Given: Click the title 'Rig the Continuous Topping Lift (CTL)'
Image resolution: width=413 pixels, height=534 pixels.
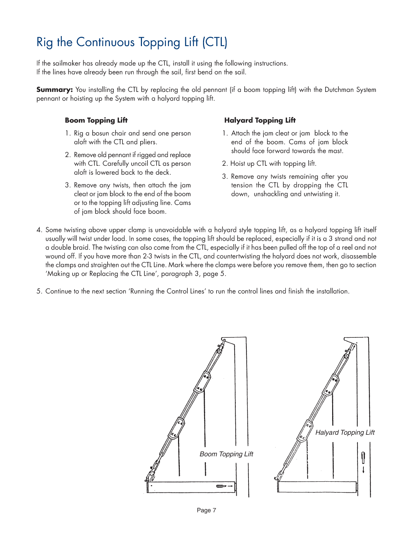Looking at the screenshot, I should (132, 42).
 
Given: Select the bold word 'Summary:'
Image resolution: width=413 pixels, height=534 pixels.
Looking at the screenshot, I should (54, 90).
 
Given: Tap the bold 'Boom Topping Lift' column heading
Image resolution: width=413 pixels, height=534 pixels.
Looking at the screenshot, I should (96, 120).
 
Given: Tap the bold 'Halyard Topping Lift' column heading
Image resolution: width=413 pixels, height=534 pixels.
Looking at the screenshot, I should (260, 120).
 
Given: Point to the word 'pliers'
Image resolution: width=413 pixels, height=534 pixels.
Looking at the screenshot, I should (147, 142).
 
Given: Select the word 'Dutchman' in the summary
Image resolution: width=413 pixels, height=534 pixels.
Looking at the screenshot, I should (339, 90).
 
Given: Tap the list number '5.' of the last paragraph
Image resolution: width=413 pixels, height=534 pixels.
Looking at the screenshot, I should (39, 291).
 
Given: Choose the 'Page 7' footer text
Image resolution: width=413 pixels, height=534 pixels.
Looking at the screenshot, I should (206, 510).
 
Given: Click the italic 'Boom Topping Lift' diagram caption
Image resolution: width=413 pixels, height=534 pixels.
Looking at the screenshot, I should (226, 454).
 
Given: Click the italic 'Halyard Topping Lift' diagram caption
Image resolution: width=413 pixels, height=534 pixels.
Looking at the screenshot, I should (345, 432).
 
